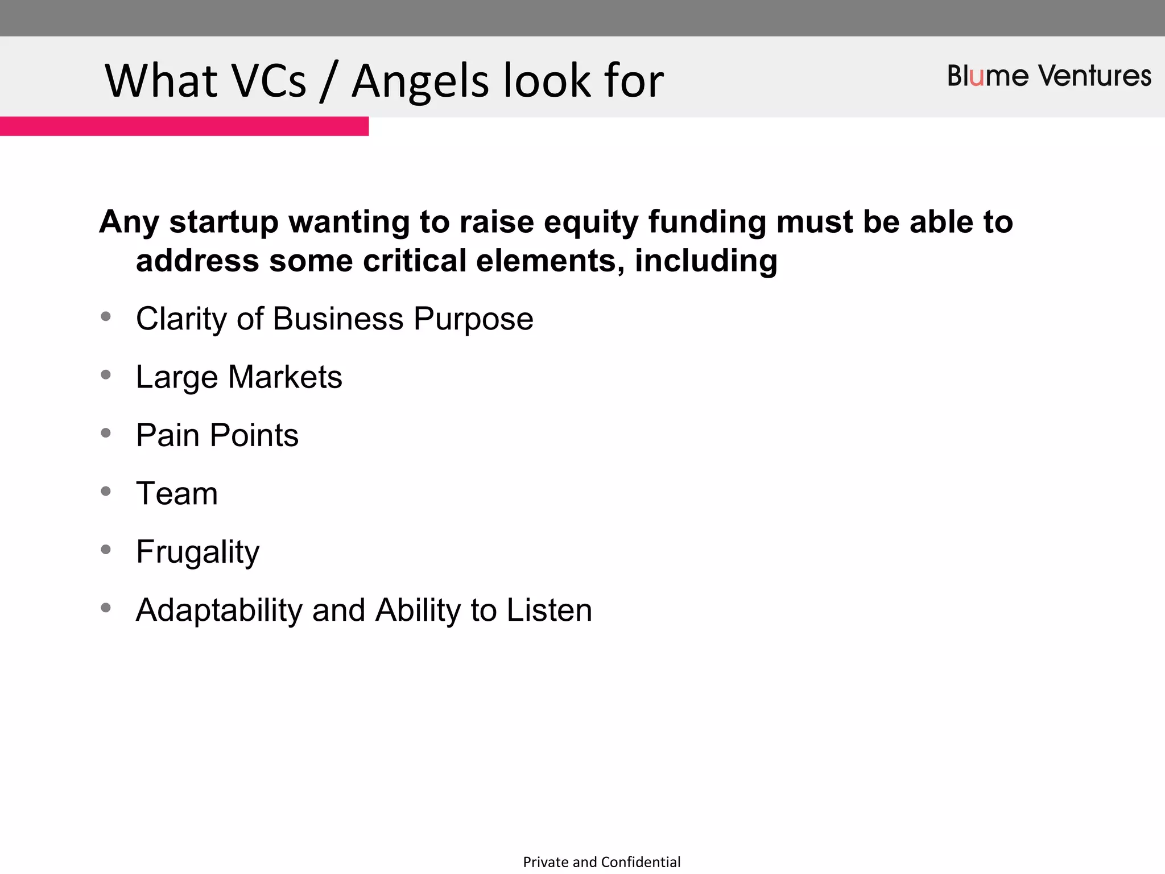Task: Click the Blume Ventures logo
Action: [x=1048, y=76]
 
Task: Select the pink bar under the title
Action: [x=184, y=126]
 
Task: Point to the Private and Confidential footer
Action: [x=601, y=862]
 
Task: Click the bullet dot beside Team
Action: [x=106, y=491]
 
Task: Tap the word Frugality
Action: [x=197, y=551]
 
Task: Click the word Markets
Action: [x=285, y=377]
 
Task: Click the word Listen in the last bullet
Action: [x=549, y=610]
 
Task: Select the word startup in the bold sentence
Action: [x=224, y=222]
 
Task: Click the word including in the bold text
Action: [x=705, y=262]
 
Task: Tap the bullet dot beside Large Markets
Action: [x=106, y=374]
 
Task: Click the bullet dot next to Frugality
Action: [x=106, y=549]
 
